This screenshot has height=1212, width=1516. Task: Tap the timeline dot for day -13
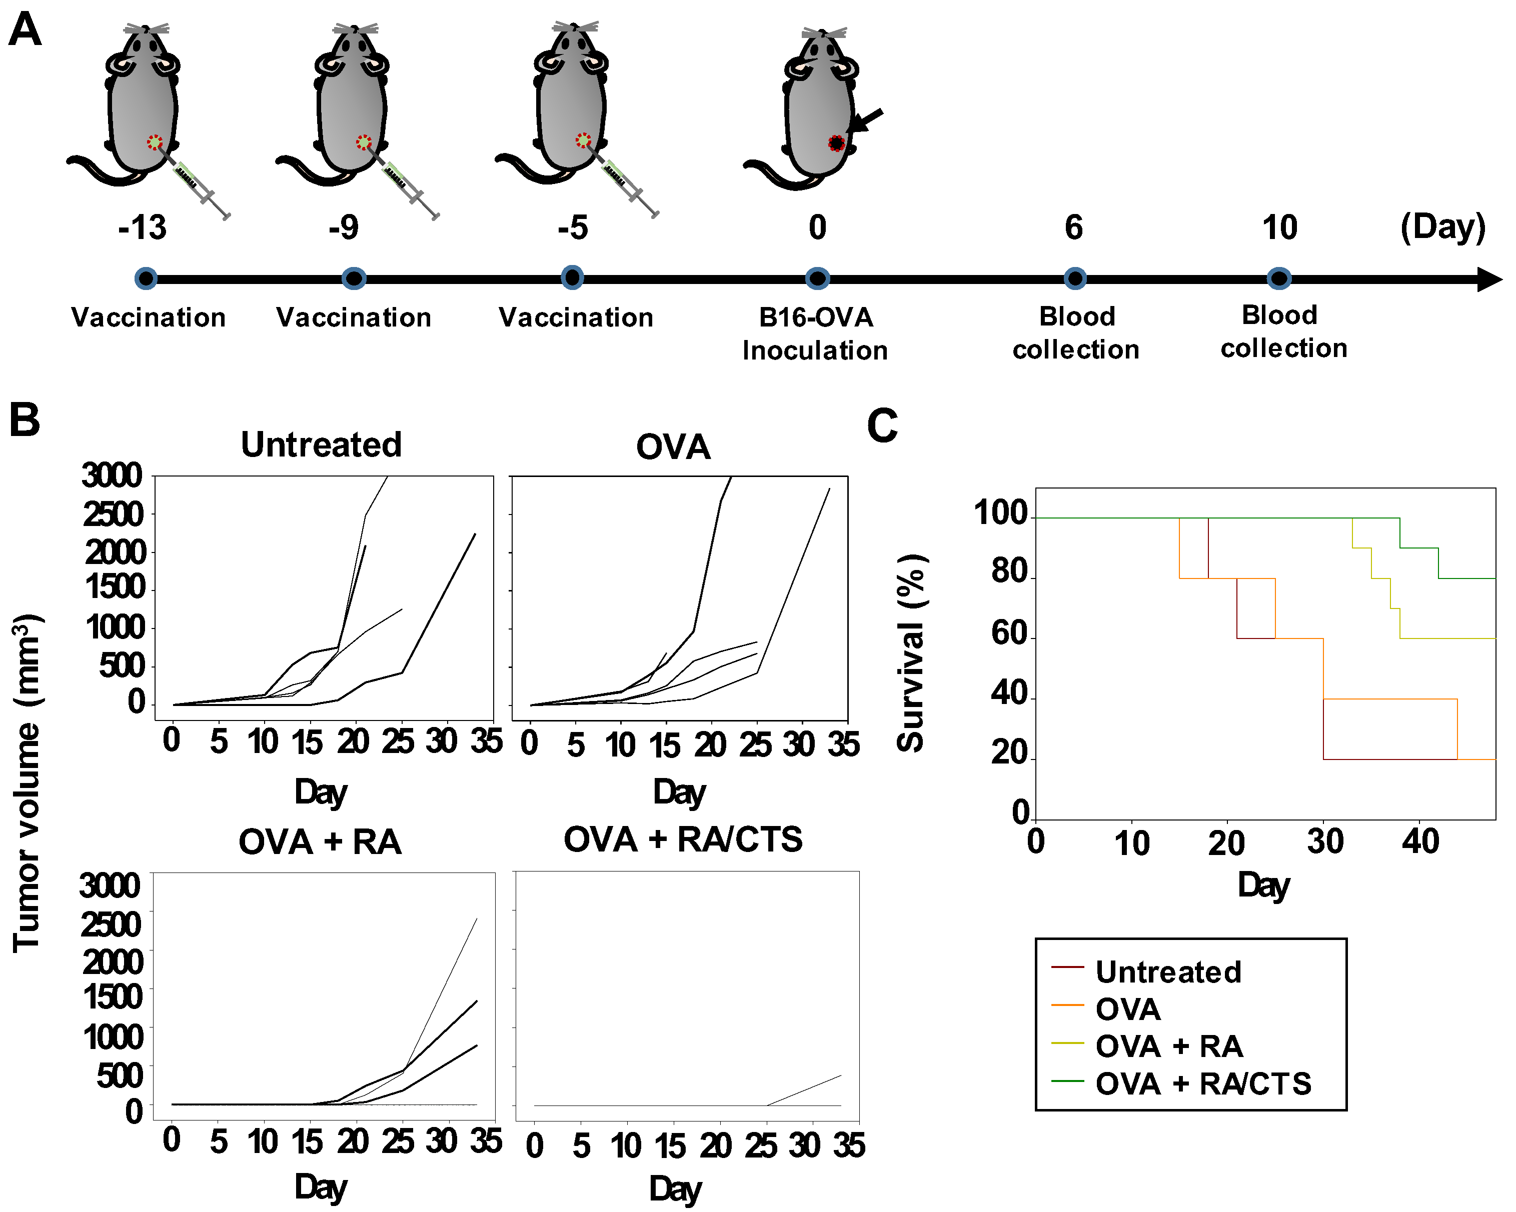coord(146,278)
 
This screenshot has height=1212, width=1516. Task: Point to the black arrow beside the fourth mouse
coord(865,121)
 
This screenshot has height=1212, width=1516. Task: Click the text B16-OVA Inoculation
coord(816,334)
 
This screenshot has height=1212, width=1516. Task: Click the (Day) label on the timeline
coord(1443,227)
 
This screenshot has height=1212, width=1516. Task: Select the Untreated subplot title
coord(321,445)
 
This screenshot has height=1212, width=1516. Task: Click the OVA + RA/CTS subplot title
coord(683,839)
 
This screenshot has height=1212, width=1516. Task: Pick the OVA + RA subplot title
coord(320,842)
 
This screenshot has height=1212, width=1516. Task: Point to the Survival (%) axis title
coord(912,653)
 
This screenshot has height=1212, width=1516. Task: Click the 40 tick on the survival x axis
coord(1419,841)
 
